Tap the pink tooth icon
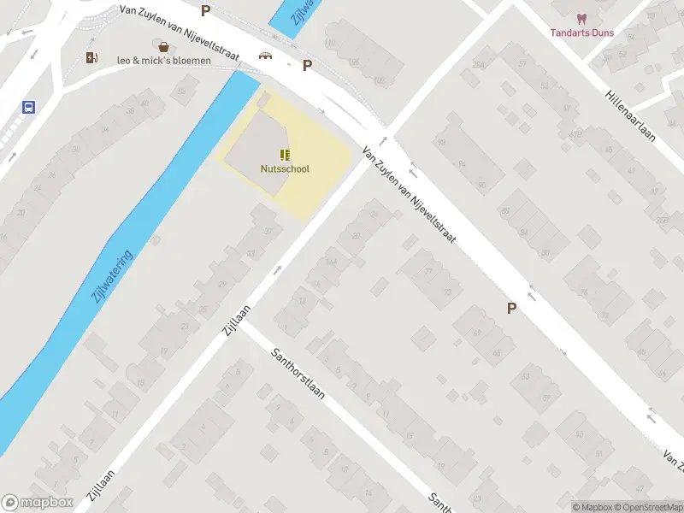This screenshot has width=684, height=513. click(581, 18)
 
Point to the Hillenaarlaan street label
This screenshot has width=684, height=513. click(630, 115)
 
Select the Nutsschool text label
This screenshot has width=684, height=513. click(285, 168)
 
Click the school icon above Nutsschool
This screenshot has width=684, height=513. click(285, 155)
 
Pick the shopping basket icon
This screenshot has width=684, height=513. click(162, 45)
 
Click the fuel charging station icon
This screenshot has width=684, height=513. click(91, 57)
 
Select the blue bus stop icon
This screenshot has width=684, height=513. click(28, 108)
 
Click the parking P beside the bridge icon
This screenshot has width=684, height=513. click(306, 65)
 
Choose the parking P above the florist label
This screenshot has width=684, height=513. click(205, 10)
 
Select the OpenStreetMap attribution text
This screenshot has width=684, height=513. click(646, 507)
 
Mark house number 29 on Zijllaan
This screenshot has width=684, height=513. click(222, 284)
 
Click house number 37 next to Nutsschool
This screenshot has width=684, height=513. click(268, 231)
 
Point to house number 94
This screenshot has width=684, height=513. click(462, 163)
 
